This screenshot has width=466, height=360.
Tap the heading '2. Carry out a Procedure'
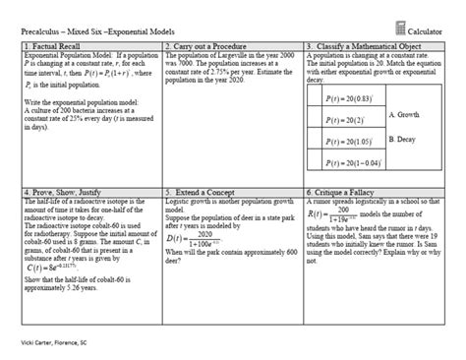[205, 46]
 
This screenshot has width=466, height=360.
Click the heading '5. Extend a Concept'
[202, 192]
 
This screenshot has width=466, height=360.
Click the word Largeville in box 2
[238, 58]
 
